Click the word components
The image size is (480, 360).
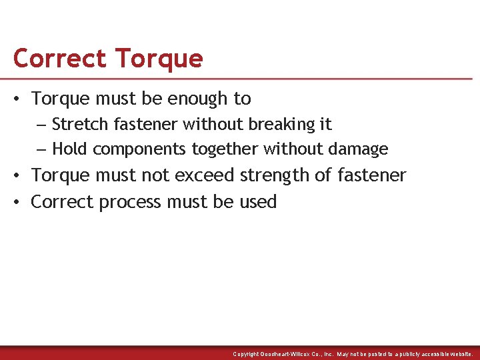(x=140, y=149)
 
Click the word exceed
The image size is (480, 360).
(x=205, y=175)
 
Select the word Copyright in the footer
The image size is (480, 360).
(x=246, y=354)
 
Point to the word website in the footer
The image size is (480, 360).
(x=459, y=354)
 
